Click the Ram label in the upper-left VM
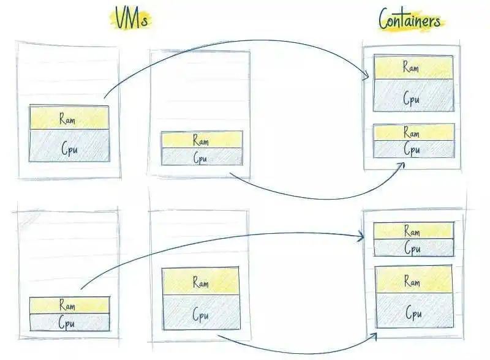click(68, 118)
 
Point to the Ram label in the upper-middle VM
click(201, 140)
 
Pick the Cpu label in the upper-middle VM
click(201, 157)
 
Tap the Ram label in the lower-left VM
click(68, 305)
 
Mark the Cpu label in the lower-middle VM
click(201, 315)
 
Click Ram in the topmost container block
click(412, 67)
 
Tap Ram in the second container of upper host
click(412, 133)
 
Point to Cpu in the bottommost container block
click(413, 313)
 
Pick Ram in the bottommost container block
click(413, 282)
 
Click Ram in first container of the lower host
click(412, 231)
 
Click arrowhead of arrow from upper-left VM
click(367, 77)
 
